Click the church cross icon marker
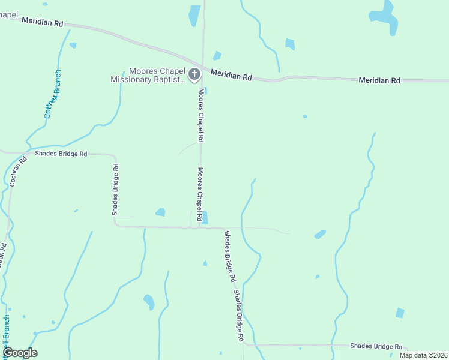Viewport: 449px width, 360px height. coord(194,74)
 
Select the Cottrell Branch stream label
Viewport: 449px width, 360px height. coord(53,95)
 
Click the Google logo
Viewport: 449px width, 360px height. coord(20,353)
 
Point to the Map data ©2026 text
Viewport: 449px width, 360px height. coord(423,355)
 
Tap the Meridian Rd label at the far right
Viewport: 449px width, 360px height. coord(379,80)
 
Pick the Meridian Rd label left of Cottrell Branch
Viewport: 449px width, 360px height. coord(42,22)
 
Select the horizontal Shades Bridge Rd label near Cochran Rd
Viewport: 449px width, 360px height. coord(61,154)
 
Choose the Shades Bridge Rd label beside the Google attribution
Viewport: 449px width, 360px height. coord(376,346)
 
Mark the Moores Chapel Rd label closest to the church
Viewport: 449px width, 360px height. coord(202,115)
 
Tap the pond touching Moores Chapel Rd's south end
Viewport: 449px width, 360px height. coord(205,217)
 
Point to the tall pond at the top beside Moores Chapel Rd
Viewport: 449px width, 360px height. coord(194,15)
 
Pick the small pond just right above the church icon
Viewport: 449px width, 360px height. coord(217,56)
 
